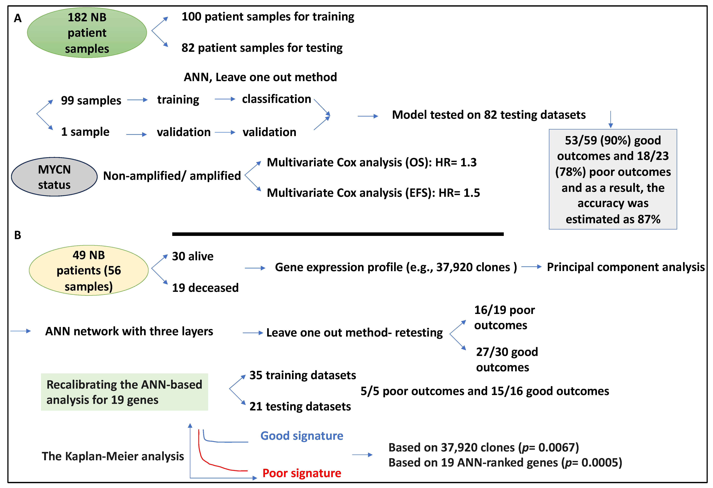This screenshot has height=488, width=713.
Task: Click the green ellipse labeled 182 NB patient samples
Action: click(87, 33)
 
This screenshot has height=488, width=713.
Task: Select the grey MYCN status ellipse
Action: click(54, 177)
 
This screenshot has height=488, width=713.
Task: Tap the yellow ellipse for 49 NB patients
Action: click(89, 270)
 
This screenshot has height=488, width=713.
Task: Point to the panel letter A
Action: click(18, 18)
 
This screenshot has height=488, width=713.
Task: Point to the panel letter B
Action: click(18, 235)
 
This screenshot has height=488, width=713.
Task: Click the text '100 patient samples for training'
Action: click(268, 17)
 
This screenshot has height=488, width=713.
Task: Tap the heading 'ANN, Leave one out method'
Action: click(260, 77)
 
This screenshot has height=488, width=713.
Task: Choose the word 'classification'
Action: click(276, 99)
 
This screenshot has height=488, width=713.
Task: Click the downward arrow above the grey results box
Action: click(611, 120)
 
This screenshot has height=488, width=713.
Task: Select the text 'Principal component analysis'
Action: click(626, 267)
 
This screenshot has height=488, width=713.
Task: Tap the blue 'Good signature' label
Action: click(302, 436)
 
